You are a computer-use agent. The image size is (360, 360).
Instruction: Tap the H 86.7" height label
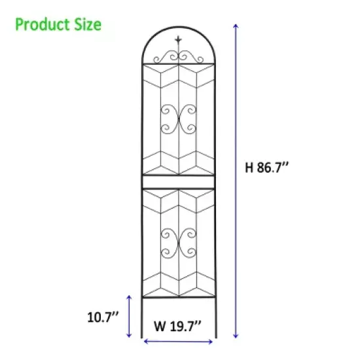click(x=267, y=167)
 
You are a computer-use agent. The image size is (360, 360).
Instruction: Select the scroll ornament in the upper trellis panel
click(x=179, y=118)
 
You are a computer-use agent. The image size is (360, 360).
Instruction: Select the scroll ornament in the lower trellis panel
click(x=179, y=243)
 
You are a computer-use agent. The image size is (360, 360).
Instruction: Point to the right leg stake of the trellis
click(x=215, y=317)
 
